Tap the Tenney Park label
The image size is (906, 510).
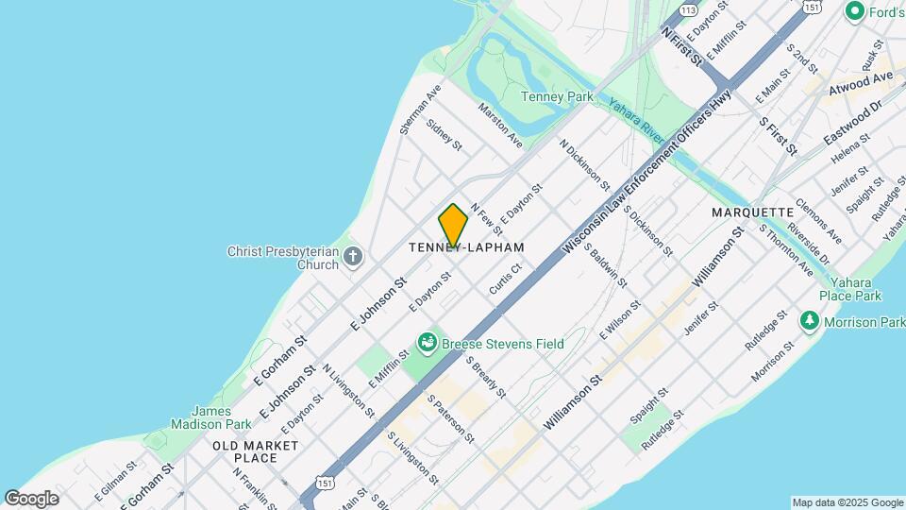click(x=557, y=96)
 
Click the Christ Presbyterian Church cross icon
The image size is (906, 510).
click(x=353, y=255)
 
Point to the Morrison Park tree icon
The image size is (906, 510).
click(x=810, y=322)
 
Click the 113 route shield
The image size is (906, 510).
click(x=687, y=9)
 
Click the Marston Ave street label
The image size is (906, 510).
click(x=500, y=125)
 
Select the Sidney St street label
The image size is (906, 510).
click(x=444, y=134)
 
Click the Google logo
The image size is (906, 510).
click(x=32, y=498)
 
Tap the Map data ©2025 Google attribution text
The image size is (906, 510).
click(x=847, y=502)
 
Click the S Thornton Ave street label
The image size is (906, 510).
click(x=785, y=250)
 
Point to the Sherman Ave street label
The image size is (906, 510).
click(x=420, y=110)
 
